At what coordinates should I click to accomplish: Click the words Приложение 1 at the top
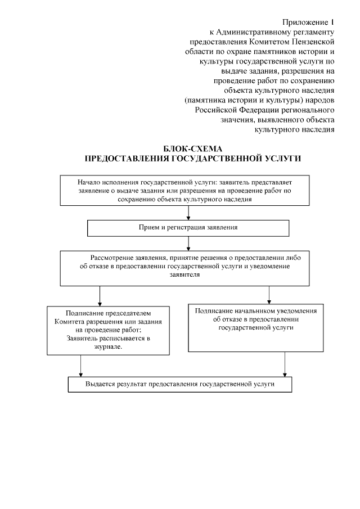(x=308, y=22)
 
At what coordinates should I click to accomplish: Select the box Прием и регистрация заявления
(x=188, y=228)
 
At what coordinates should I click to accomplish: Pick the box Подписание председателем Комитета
(x=109, y=330)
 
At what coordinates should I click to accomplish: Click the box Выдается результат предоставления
(x=180, y=384)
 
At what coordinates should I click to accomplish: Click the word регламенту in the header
(x=310, y=31)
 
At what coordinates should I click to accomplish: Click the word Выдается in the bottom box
(x=102, y=384)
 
